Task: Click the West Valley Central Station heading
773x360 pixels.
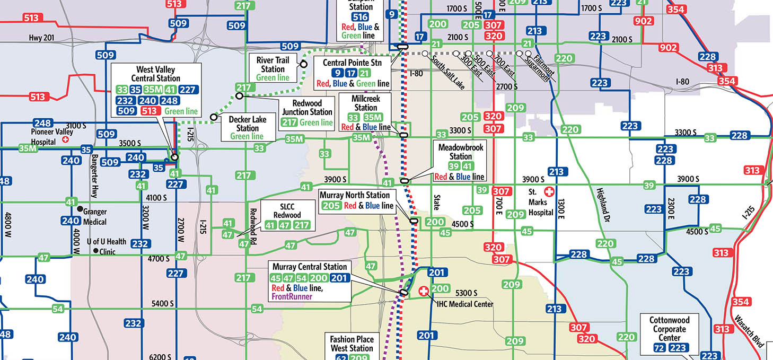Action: (155, 74)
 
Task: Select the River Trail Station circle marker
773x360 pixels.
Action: (304, 64)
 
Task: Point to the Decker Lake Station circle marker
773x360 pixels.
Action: (214, 117)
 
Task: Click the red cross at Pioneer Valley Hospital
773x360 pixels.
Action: (66, 139)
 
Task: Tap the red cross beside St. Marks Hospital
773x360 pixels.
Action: (549, 190)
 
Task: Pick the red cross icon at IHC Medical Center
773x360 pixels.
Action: (423, 291)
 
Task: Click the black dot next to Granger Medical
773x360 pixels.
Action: (80, 209)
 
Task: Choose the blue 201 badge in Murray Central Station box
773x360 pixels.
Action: (339, 278)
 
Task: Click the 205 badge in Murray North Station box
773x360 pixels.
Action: (331, 205)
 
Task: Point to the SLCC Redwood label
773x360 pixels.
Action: (287, 210)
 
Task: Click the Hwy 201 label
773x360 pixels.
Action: (42, 38)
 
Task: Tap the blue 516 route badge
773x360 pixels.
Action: (361, 17)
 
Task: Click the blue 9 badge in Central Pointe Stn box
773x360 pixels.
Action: (336, 73)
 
